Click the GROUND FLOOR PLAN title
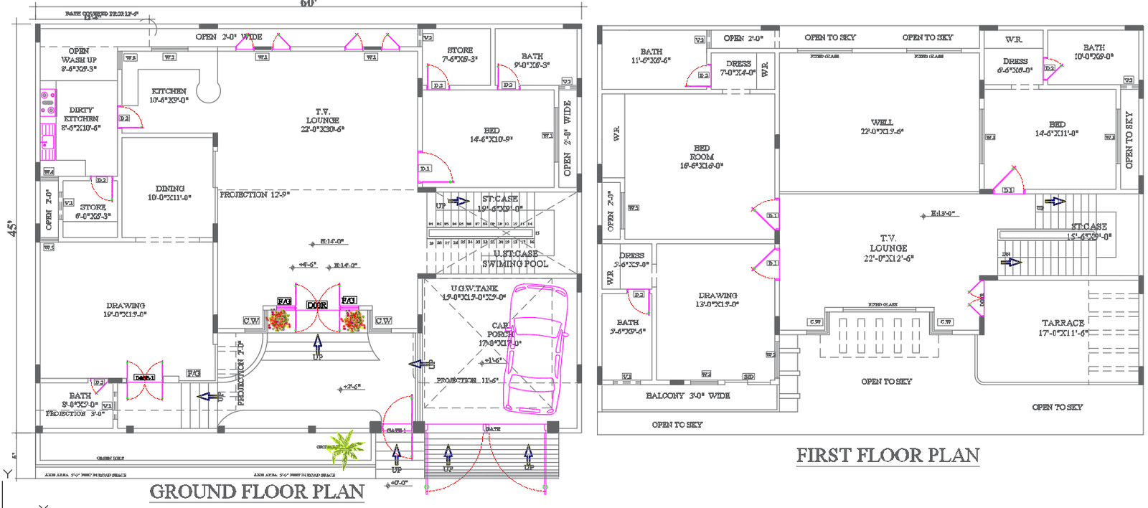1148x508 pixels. (256, 491)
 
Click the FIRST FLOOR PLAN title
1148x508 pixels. (888, 456)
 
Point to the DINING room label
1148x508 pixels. (169, 192)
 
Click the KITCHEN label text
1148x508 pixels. (169, 95)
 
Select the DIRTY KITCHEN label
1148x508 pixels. (80, 118)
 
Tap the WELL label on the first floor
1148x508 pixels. (882, 126)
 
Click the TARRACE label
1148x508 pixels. (1063, 327)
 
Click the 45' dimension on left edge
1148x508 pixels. (12, 229)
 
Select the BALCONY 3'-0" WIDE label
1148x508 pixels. (687, 396)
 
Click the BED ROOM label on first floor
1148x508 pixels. (701, 156)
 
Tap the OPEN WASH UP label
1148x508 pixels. (78, 60)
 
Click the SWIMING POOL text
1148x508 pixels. (514, 264)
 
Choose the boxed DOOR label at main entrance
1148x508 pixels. (317, 305)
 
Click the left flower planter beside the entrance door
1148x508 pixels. (279, 319)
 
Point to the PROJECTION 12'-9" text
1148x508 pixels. (254, 194)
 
